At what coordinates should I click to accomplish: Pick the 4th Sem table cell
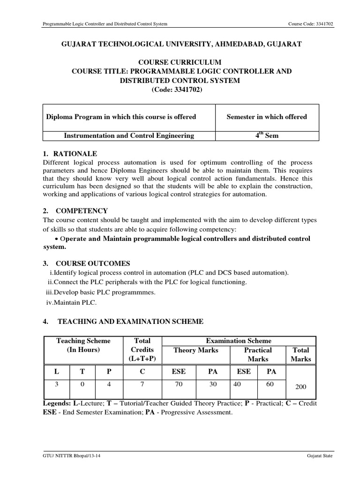pos(267,135)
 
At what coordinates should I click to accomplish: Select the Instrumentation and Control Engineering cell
pos(128,135)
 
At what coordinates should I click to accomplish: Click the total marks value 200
pos(301,387)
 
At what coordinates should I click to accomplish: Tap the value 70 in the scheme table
pos(178,383)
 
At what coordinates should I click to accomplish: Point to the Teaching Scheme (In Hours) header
pos(83,345)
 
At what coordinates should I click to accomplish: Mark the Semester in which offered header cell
pos(267,117)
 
